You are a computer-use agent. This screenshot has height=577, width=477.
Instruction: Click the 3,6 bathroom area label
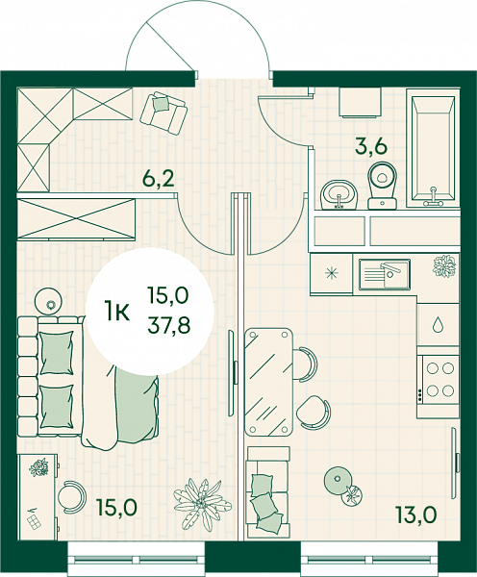[371, 147]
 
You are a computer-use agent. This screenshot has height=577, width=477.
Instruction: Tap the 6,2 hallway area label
[159, 180]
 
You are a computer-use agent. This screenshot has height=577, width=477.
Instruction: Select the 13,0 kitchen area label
[416, 514]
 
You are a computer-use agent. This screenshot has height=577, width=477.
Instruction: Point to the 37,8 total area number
[169, 325]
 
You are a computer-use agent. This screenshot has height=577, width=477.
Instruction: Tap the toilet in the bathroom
[383, 186]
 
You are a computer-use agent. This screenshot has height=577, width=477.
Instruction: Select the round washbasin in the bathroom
[339, 194]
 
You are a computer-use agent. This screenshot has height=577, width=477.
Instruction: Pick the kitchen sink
[385, 273]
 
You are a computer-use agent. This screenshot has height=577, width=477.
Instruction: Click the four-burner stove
[439, 379]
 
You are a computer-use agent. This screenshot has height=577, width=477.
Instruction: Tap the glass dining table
[269, 382]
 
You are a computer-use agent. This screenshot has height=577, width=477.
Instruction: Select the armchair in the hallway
[163, 113]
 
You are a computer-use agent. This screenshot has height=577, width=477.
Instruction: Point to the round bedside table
[48, 301]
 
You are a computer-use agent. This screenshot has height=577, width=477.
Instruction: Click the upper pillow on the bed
[57, 353]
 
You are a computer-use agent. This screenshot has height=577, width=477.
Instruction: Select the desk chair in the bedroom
[72, 495]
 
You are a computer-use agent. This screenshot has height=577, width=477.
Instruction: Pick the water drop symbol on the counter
[438, 324]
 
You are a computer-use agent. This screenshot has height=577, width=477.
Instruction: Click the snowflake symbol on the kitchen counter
[331, 273]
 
